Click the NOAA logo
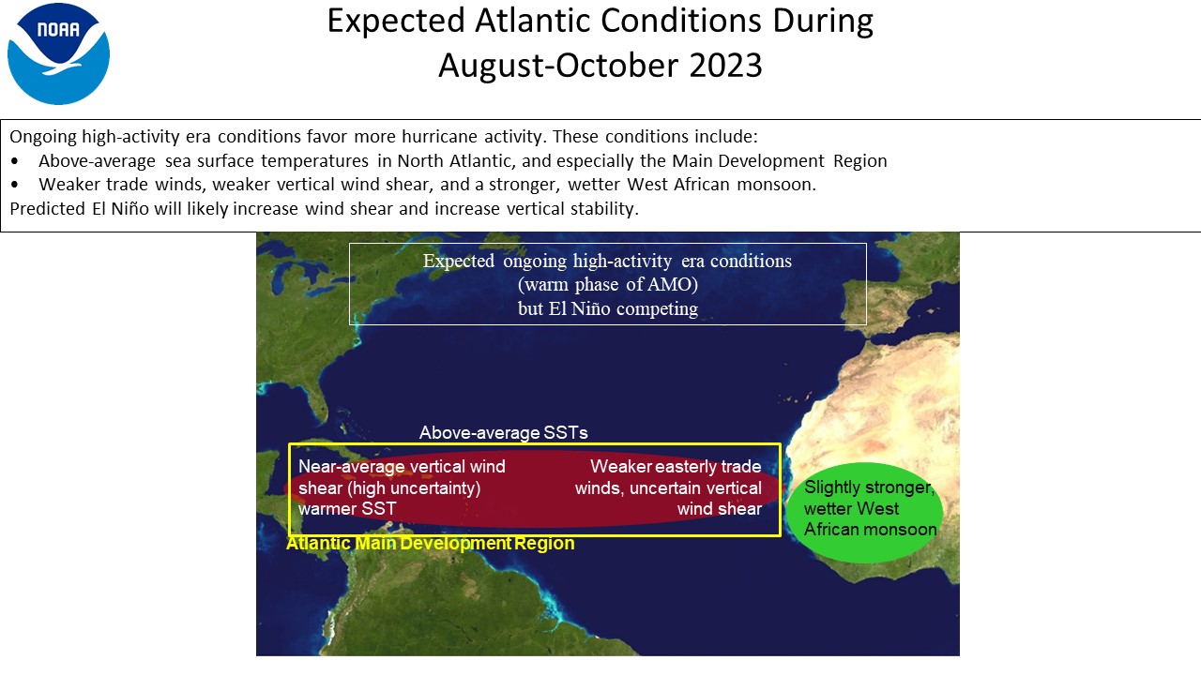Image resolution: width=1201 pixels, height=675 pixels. (58, 53)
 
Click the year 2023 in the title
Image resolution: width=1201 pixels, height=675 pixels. (725, 66)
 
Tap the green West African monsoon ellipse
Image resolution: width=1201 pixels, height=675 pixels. (864, 513)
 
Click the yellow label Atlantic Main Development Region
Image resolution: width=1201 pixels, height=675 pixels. (431, 543)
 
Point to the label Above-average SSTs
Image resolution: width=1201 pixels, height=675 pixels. (504, 432)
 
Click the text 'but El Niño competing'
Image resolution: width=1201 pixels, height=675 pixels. (608, 308)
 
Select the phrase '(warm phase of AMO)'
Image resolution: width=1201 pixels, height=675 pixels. (608, 284)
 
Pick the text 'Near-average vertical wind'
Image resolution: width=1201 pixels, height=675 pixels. (402, 467)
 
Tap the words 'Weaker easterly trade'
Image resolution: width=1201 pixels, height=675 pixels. (676, 467)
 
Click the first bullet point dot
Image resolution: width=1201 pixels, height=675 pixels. (14, 161)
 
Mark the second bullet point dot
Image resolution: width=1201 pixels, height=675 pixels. (14, 185)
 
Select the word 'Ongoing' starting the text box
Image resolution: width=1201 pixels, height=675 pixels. (43, 137)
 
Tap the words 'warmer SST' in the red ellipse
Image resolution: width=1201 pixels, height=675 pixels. (347, 508)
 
